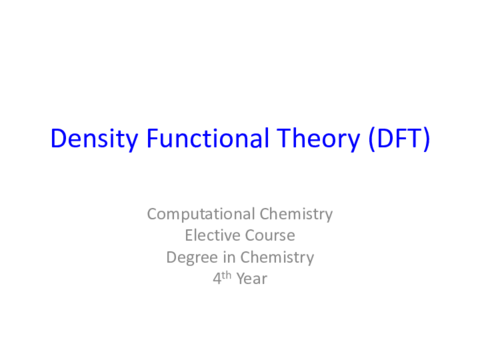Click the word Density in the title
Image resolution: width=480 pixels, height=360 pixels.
pos(83,139)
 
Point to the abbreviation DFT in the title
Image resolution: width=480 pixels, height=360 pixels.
pos(396,139)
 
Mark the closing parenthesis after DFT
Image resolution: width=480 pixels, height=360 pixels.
pos(427,139)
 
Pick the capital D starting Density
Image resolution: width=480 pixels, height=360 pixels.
pos(57,139)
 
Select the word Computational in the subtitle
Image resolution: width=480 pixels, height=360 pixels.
pos(200,214)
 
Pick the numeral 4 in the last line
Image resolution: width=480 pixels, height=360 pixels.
pos(217,280)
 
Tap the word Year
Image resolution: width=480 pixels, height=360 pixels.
pos(252,280)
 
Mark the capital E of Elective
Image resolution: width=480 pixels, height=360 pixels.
pos(189,236)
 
